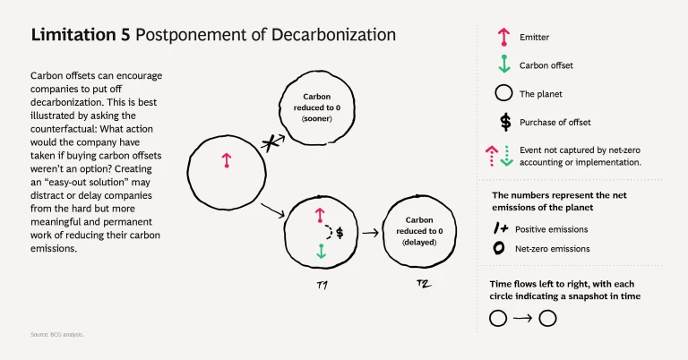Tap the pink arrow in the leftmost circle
click(227, 160)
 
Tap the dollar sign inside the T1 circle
click(340, 232)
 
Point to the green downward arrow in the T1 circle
click(319, 253)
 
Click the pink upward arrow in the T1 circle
click(319, 215)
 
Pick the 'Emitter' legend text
click(535, 38)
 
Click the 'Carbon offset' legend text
click(546, 65)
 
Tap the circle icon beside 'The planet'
click(504, 93)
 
